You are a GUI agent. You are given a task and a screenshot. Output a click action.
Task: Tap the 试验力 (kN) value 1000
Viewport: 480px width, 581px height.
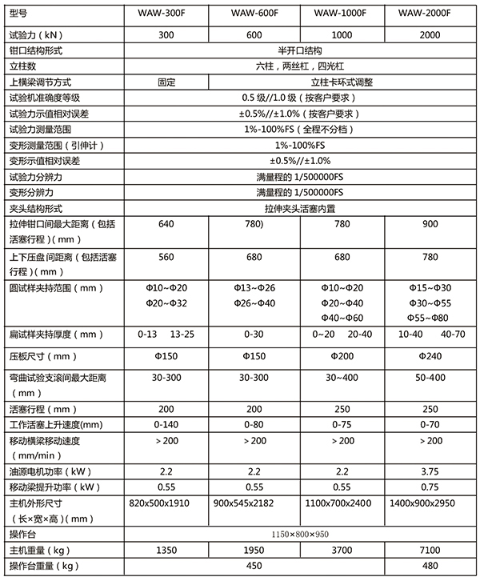340,34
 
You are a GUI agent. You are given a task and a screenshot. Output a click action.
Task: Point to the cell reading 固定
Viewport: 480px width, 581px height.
166,82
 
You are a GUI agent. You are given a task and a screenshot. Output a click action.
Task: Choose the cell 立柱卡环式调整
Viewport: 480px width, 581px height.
341,82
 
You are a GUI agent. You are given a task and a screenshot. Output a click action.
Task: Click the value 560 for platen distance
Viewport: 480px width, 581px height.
166,257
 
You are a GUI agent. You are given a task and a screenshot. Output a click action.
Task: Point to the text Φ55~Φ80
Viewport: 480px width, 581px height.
430,318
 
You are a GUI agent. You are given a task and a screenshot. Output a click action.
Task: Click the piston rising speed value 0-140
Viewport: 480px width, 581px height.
166,425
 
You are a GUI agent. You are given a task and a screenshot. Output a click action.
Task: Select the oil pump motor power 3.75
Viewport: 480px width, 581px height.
430,471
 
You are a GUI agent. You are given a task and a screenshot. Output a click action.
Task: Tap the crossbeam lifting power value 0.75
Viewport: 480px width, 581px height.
430,487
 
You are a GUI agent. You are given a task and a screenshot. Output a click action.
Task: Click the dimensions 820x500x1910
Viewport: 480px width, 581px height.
166,503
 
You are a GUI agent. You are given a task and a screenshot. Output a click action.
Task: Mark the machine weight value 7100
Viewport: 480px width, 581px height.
430,550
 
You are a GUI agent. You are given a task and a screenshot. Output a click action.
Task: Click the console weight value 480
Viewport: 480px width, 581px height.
430,566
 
